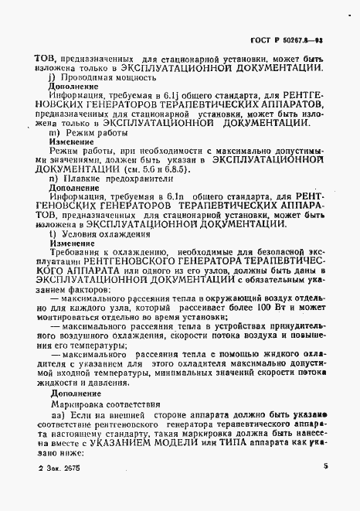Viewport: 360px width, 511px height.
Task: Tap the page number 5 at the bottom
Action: [x=326, y=488]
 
